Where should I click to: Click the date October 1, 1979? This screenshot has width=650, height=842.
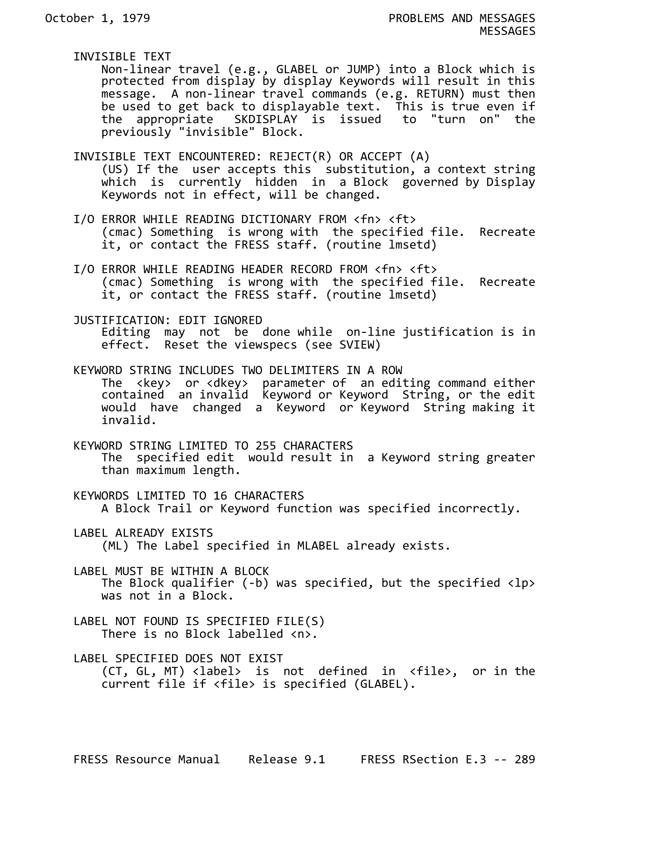point(98,19)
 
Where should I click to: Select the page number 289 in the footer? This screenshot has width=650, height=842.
point(524,759)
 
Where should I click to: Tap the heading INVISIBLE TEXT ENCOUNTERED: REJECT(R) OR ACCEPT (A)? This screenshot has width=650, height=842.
point(251,156)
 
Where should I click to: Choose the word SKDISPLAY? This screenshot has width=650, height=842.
point(266,120)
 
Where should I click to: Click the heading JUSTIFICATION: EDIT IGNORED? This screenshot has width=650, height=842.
point(168,320)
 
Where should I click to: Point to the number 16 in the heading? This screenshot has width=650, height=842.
point(220,496)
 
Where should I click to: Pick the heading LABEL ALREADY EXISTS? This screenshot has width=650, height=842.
point(143,533)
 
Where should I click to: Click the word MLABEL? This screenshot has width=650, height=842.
point(318,546)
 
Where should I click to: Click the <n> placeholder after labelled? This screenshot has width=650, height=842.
point(301,634)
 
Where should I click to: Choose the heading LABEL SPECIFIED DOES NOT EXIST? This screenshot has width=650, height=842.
point(178,658)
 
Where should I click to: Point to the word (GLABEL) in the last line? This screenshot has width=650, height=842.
point(381,684)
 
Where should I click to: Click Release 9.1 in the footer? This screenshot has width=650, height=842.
point(287,759)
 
